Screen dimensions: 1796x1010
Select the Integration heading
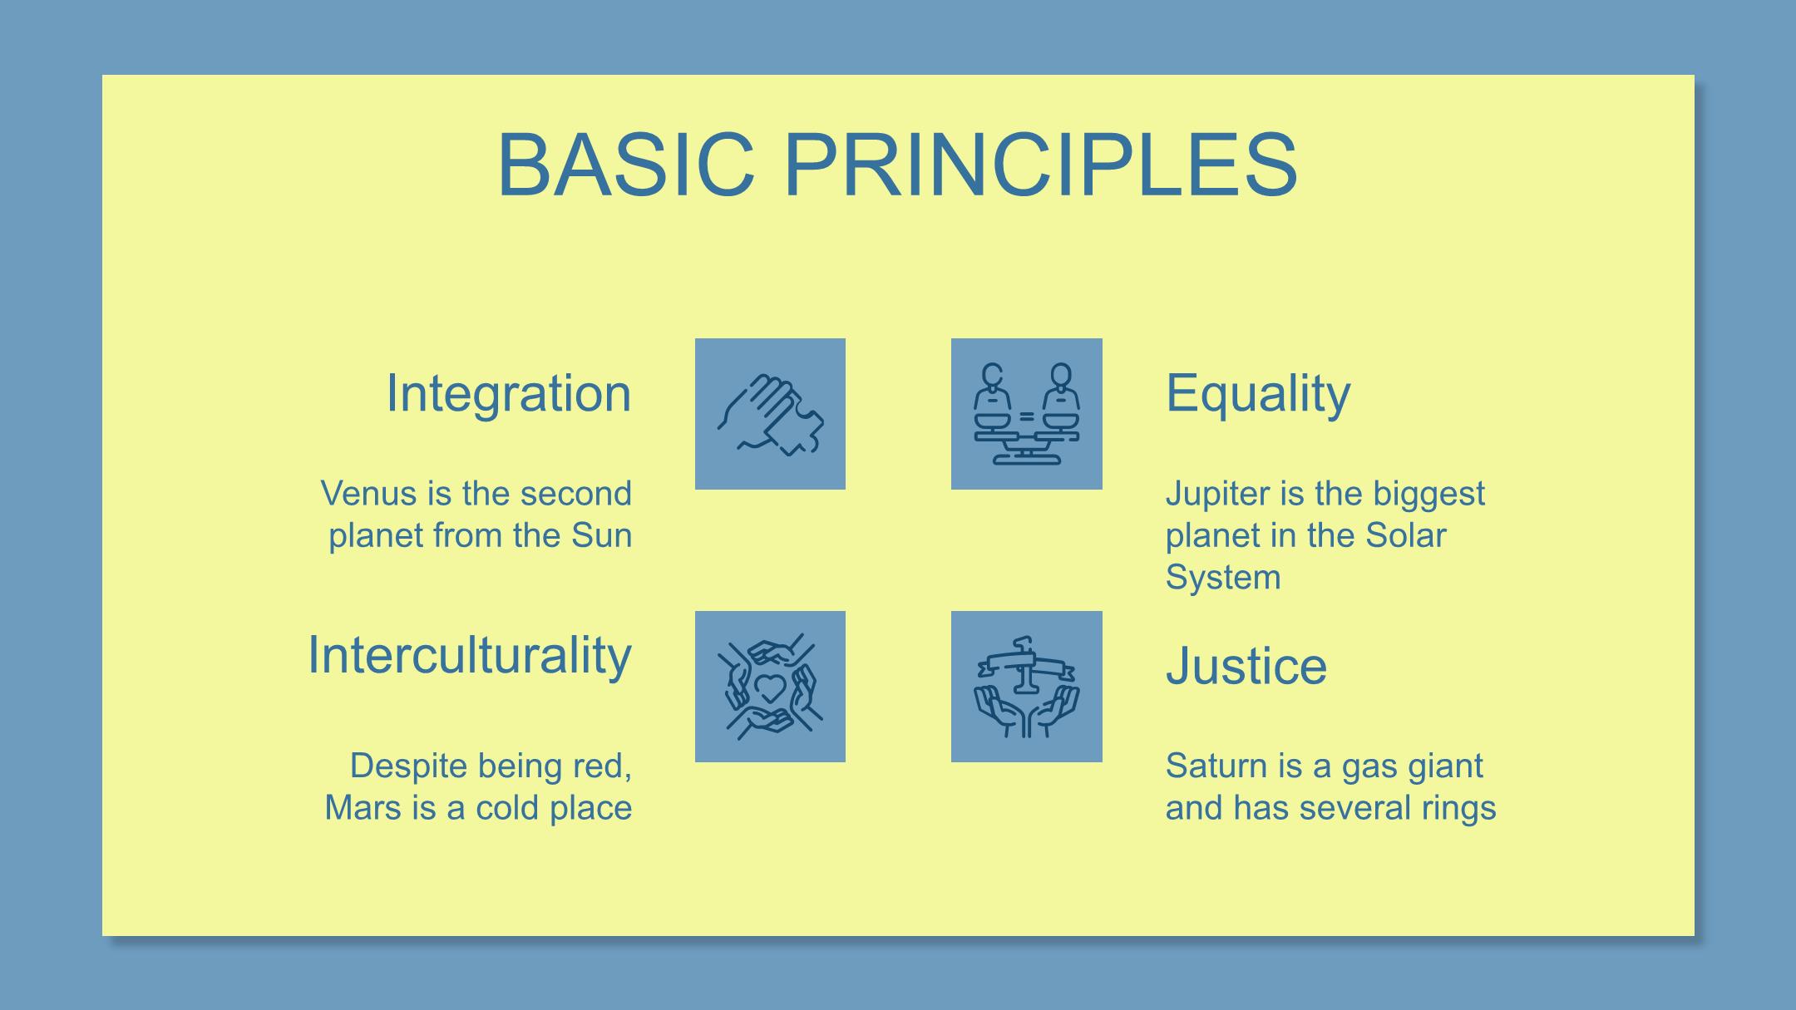pos(509,393)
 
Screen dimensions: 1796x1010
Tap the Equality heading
pos(1258,393)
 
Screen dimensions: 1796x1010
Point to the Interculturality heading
pos(470,655)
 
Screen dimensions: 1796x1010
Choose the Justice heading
pos(1246,666)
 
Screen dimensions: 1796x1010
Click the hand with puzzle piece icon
pos(771,414)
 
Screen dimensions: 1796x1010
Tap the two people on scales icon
pos(1027,414)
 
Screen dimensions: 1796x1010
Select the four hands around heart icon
pos(771,687)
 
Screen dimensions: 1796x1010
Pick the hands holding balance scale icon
pos(1027,687)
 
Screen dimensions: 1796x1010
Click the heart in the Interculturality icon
pos(770,687)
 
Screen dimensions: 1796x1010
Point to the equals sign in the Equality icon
pos(1027,416)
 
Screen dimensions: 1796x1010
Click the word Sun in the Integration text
pos(602,535)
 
